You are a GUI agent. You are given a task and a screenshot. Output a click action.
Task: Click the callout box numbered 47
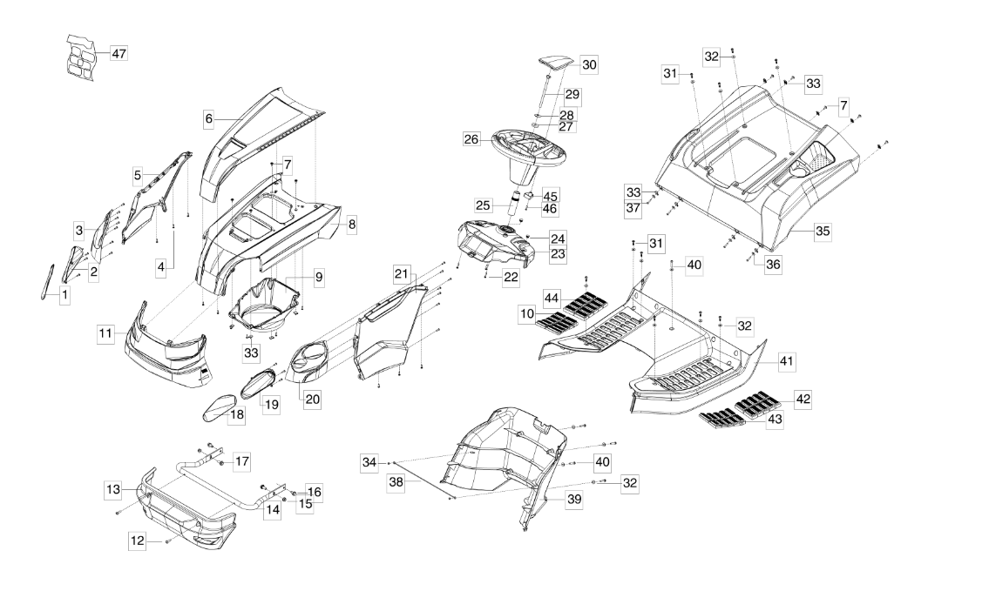119,54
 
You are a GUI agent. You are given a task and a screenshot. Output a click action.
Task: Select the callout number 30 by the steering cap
590,64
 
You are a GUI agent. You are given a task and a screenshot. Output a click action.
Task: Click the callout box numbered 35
823,232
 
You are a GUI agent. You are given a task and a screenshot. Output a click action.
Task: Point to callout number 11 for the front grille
105,332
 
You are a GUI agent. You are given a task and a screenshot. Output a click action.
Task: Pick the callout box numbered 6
209,118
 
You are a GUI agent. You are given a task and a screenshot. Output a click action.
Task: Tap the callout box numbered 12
138,541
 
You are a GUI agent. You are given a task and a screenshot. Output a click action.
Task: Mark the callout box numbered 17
241,460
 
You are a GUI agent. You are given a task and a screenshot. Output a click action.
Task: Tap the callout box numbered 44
553,298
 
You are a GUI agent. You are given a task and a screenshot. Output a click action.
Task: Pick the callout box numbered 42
803,399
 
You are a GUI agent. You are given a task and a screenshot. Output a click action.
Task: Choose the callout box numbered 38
396,480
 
